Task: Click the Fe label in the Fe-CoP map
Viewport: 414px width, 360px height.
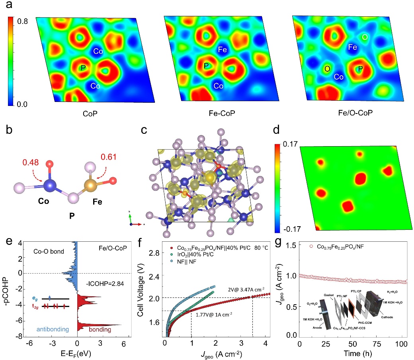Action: pyautogui.click(x=223, y=50)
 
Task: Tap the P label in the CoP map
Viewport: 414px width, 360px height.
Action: pyautogui.click(x=83, y=68)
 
